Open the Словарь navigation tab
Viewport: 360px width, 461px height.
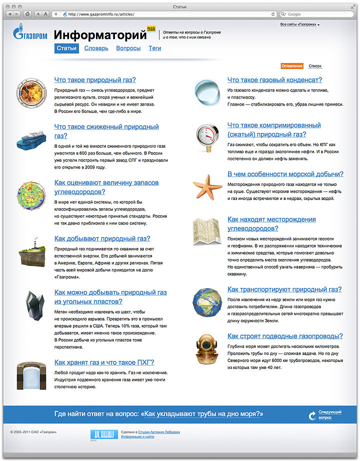(96, 48)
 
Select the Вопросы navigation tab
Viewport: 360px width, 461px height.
(128, 48)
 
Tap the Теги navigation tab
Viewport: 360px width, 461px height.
(154, 48)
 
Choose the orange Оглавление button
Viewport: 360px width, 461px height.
(292, 66)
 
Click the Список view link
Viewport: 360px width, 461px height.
(315, 66)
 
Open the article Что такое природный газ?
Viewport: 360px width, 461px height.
(95, 79)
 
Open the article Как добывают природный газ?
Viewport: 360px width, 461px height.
(102, 238)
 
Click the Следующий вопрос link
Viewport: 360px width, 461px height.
(330, 414)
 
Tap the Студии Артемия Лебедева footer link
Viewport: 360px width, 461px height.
(158, 432)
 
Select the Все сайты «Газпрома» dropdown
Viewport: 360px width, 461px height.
(299, 24)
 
